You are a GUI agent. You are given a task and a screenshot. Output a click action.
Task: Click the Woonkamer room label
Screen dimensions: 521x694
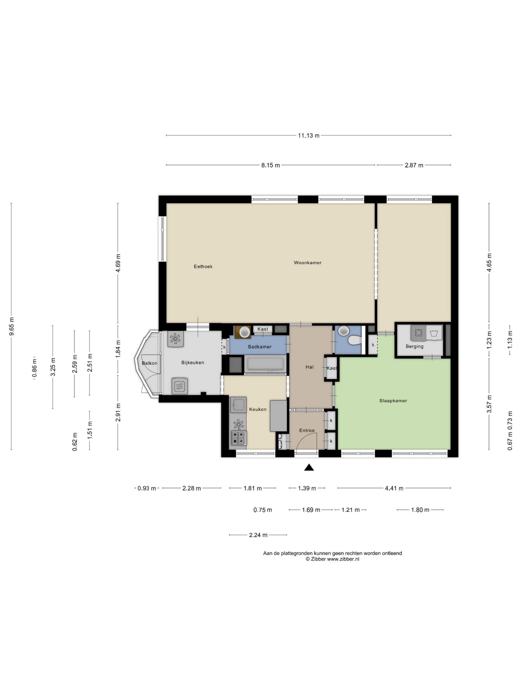tap(307, 263)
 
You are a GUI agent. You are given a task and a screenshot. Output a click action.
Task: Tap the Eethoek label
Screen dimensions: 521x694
tap(203, 267)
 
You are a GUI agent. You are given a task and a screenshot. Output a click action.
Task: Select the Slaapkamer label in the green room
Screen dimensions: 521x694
tap(393, 401)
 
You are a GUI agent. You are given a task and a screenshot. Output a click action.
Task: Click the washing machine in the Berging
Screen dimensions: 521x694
tap(419, 333)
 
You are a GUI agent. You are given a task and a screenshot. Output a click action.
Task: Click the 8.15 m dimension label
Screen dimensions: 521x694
tap(270, 165)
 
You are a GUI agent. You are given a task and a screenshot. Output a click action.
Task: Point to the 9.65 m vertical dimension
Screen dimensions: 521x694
tap(12, 326)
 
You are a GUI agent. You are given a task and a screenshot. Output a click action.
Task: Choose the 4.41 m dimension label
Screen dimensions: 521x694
tap(394, 488)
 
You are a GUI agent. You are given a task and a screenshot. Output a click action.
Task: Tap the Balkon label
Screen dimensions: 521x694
tap(150, 363)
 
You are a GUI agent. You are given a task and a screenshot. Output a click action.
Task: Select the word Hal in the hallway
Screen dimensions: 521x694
tap(309, 367)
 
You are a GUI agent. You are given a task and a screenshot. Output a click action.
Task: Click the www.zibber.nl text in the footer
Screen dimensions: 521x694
tap(343, 559)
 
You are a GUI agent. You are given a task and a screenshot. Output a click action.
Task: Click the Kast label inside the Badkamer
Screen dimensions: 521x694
tap(263, 329)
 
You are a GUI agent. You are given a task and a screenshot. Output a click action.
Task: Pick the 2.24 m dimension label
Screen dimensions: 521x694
tap(258, 535)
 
